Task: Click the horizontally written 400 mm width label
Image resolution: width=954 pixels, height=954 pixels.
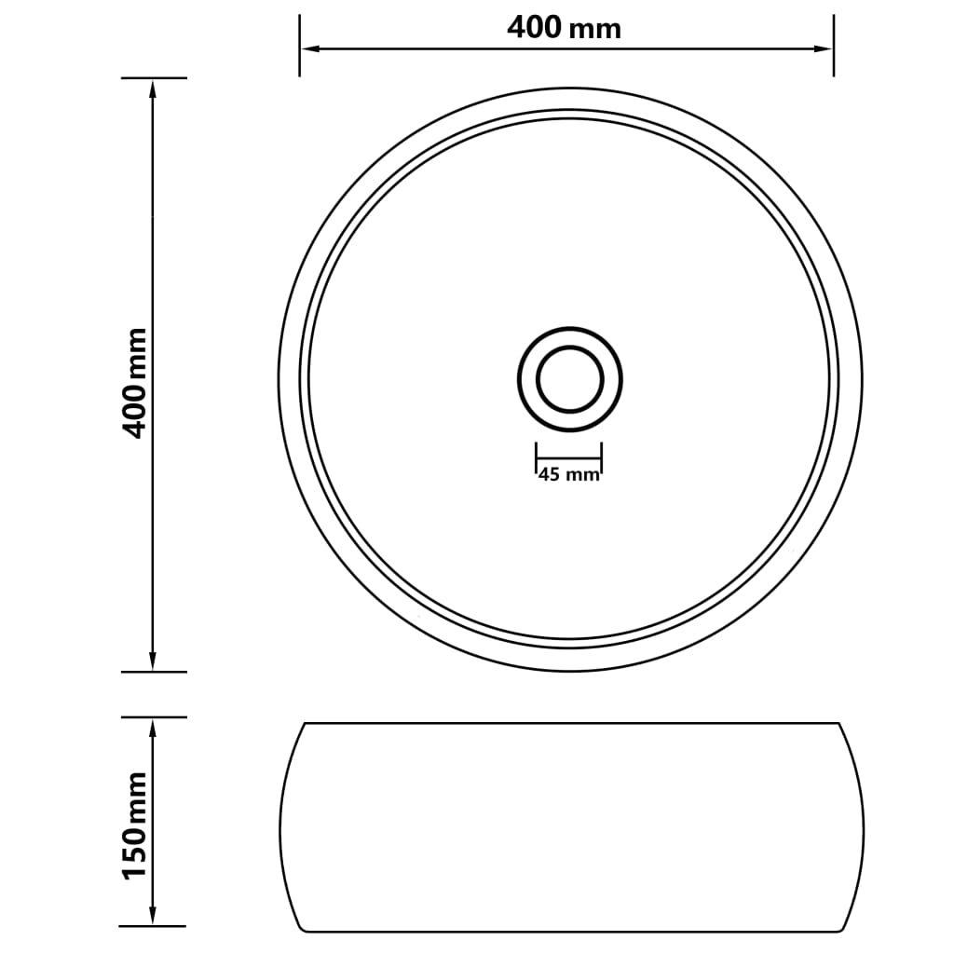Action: (x=564, y=28)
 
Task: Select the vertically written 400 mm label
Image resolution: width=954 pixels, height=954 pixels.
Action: (x=136, y=382)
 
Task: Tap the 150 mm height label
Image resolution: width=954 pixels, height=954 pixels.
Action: (x=136, y=824)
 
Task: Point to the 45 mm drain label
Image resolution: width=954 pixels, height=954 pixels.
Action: (x=568, y=475)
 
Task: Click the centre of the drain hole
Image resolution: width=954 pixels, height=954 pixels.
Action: (x=569, y=379)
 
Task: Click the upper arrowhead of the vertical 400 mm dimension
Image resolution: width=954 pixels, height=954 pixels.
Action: (x=153, y=87)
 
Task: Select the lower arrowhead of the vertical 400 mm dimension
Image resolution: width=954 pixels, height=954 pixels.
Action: (x=153, y=662)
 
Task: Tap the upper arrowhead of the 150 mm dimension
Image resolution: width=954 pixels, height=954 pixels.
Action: (x=153, y=726)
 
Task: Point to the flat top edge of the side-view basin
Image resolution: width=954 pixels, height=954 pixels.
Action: (x=570, y=723)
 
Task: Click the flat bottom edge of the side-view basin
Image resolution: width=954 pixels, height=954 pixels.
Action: (x=570, y=931)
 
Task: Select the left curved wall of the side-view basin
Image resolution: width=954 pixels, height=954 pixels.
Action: (x=280, y=827)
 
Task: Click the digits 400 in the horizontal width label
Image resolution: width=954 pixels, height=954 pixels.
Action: (x=535, y=28)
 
